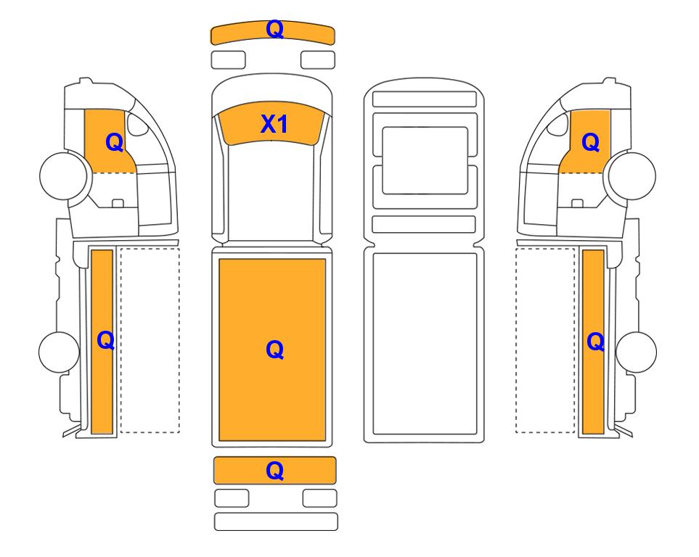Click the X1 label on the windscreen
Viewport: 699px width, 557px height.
(x=274, y=124)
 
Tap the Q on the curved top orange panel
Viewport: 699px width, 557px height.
(x=275, y=30)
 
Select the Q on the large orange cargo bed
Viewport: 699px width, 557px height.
(x=275, y=350)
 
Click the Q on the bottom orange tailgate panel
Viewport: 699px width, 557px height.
(x=275, y=471)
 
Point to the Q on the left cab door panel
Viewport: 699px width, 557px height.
(x=115, y=143)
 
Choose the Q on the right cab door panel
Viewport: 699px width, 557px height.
(x=591, y=143)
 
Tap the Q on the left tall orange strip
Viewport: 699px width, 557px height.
(x=106, y=341)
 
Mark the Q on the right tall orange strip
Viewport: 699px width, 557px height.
(x=596, y=342)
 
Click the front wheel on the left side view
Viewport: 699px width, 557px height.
(x=63, y=176)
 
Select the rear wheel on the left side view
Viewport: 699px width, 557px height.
(x=60, y=352)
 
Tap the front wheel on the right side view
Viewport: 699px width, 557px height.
(x=632, y=176)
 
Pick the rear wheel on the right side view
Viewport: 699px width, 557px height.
(x=636, y=352)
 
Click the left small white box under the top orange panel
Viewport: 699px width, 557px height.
(x=228, y=59)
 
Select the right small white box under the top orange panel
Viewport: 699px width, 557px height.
(x=318, y=59)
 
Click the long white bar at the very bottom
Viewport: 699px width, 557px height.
(x=276, y=521)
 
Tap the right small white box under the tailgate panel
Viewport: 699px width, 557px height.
(x=319, y=498)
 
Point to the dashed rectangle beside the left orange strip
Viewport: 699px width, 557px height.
(x=150, y=340)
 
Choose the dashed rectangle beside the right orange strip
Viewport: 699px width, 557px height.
(x=545, y=340)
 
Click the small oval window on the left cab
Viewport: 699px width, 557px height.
(x=137, y=124)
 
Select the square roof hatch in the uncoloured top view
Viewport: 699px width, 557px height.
(x=425, y=160)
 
